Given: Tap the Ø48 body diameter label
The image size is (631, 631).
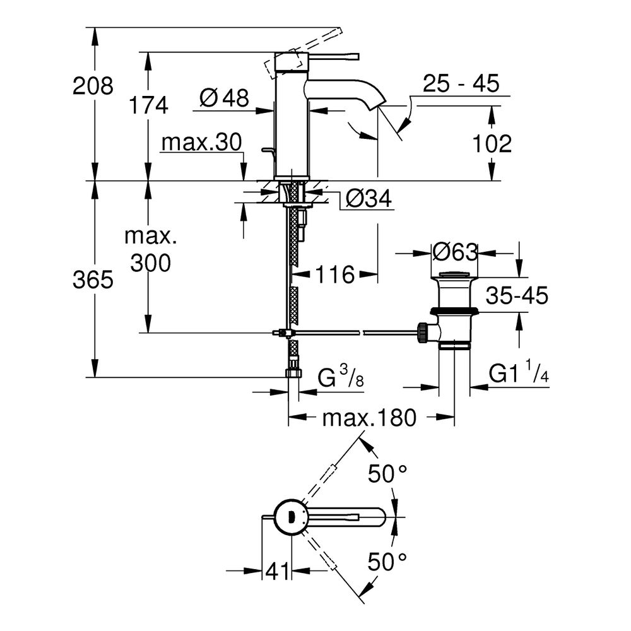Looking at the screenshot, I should click(223, 97).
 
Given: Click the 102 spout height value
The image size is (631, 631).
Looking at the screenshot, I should click(491, 144).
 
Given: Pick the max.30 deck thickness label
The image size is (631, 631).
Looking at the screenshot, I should click(201, 143).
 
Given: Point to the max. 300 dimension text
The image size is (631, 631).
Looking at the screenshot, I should click(151, 250).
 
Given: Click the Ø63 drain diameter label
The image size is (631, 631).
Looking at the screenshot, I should click(454, 252).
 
